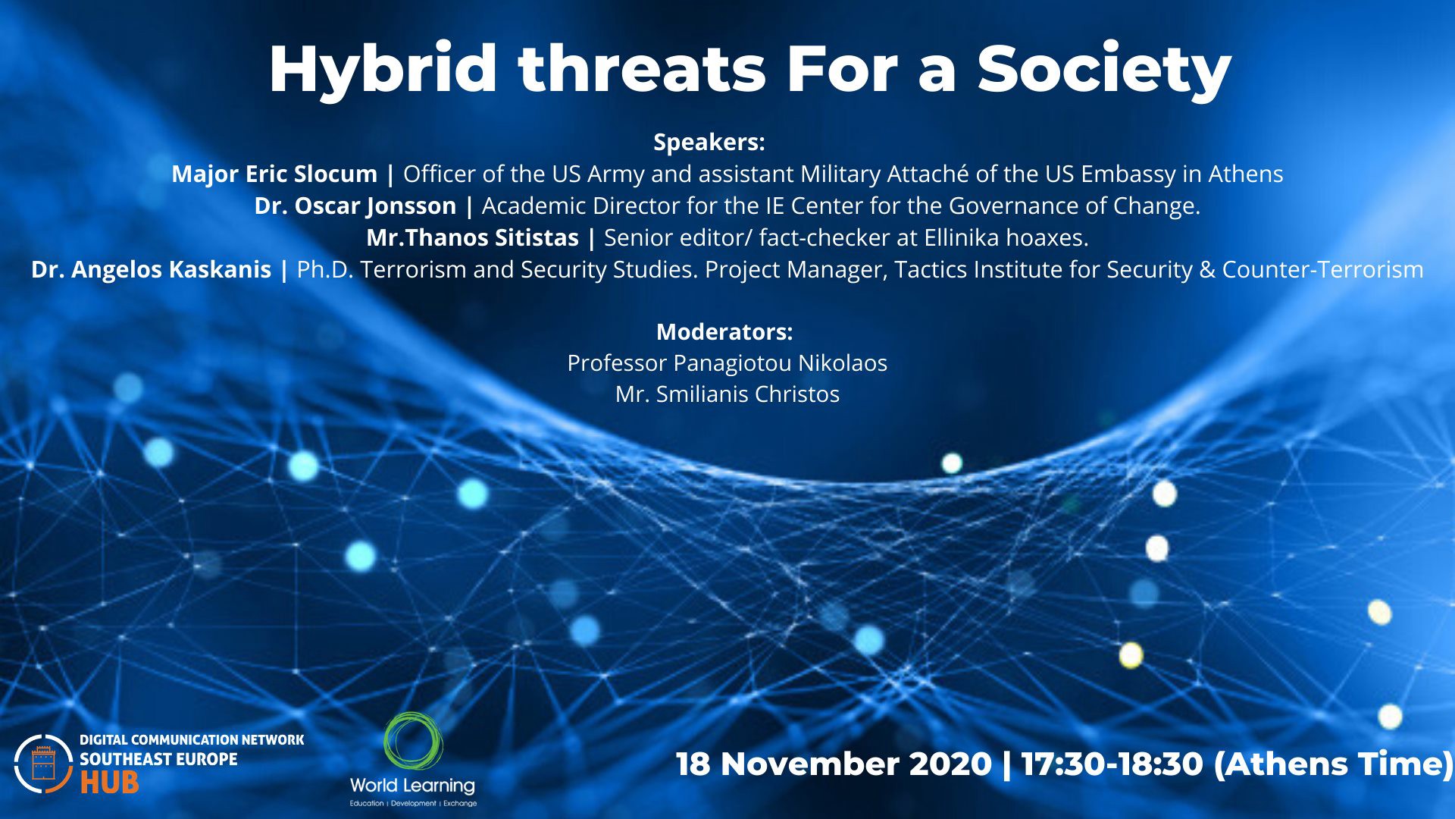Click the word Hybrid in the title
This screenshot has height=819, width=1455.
pos(383,70)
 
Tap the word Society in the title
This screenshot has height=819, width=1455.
pos(1104,70)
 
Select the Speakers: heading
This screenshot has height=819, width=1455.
pos(709,142)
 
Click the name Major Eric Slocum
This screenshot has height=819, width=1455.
pos(274,174)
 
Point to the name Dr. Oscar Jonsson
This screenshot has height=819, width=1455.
pos(355,206)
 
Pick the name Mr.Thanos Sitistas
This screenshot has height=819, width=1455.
pos(473,237)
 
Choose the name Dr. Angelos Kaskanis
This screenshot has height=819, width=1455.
pos(151,269)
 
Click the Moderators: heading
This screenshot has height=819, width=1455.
pos(724,331)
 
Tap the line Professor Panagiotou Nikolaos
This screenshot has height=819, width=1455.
pos(727,363)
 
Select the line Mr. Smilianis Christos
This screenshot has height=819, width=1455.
pos(727,394)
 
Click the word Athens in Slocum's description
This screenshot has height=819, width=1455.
pos(1246,174)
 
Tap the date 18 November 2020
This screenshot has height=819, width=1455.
pos(834,764)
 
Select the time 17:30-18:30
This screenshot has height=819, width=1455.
pos(1112,764)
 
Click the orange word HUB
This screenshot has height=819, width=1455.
pos(109,783)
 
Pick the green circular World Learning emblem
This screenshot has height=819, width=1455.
pos(413,741)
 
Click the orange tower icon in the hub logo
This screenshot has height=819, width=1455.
pos(44,764)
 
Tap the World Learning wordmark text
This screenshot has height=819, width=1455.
pos(412,786)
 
